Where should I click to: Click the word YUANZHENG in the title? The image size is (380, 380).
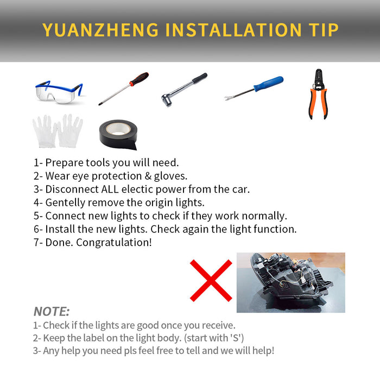(100, 30)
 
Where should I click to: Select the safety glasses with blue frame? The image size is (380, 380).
(59, 92)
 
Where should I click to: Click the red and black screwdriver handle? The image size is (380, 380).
(139, 79)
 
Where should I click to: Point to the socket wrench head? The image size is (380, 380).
(167, 100)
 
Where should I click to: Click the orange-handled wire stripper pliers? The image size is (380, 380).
(319, 94)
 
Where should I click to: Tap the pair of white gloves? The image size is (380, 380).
(58, 131)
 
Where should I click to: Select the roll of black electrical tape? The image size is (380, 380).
(118, 135)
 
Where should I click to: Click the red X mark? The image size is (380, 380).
(211, 281)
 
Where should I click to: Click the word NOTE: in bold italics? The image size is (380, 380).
(52, 312)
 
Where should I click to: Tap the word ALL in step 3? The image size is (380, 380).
(110, 189)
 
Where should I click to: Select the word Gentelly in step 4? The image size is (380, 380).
(65, 203)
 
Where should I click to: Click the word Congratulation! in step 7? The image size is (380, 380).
(114, 243)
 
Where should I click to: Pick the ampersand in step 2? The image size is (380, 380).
(148, 176)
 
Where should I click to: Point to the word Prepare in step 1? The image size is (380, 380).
(64, 163)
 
